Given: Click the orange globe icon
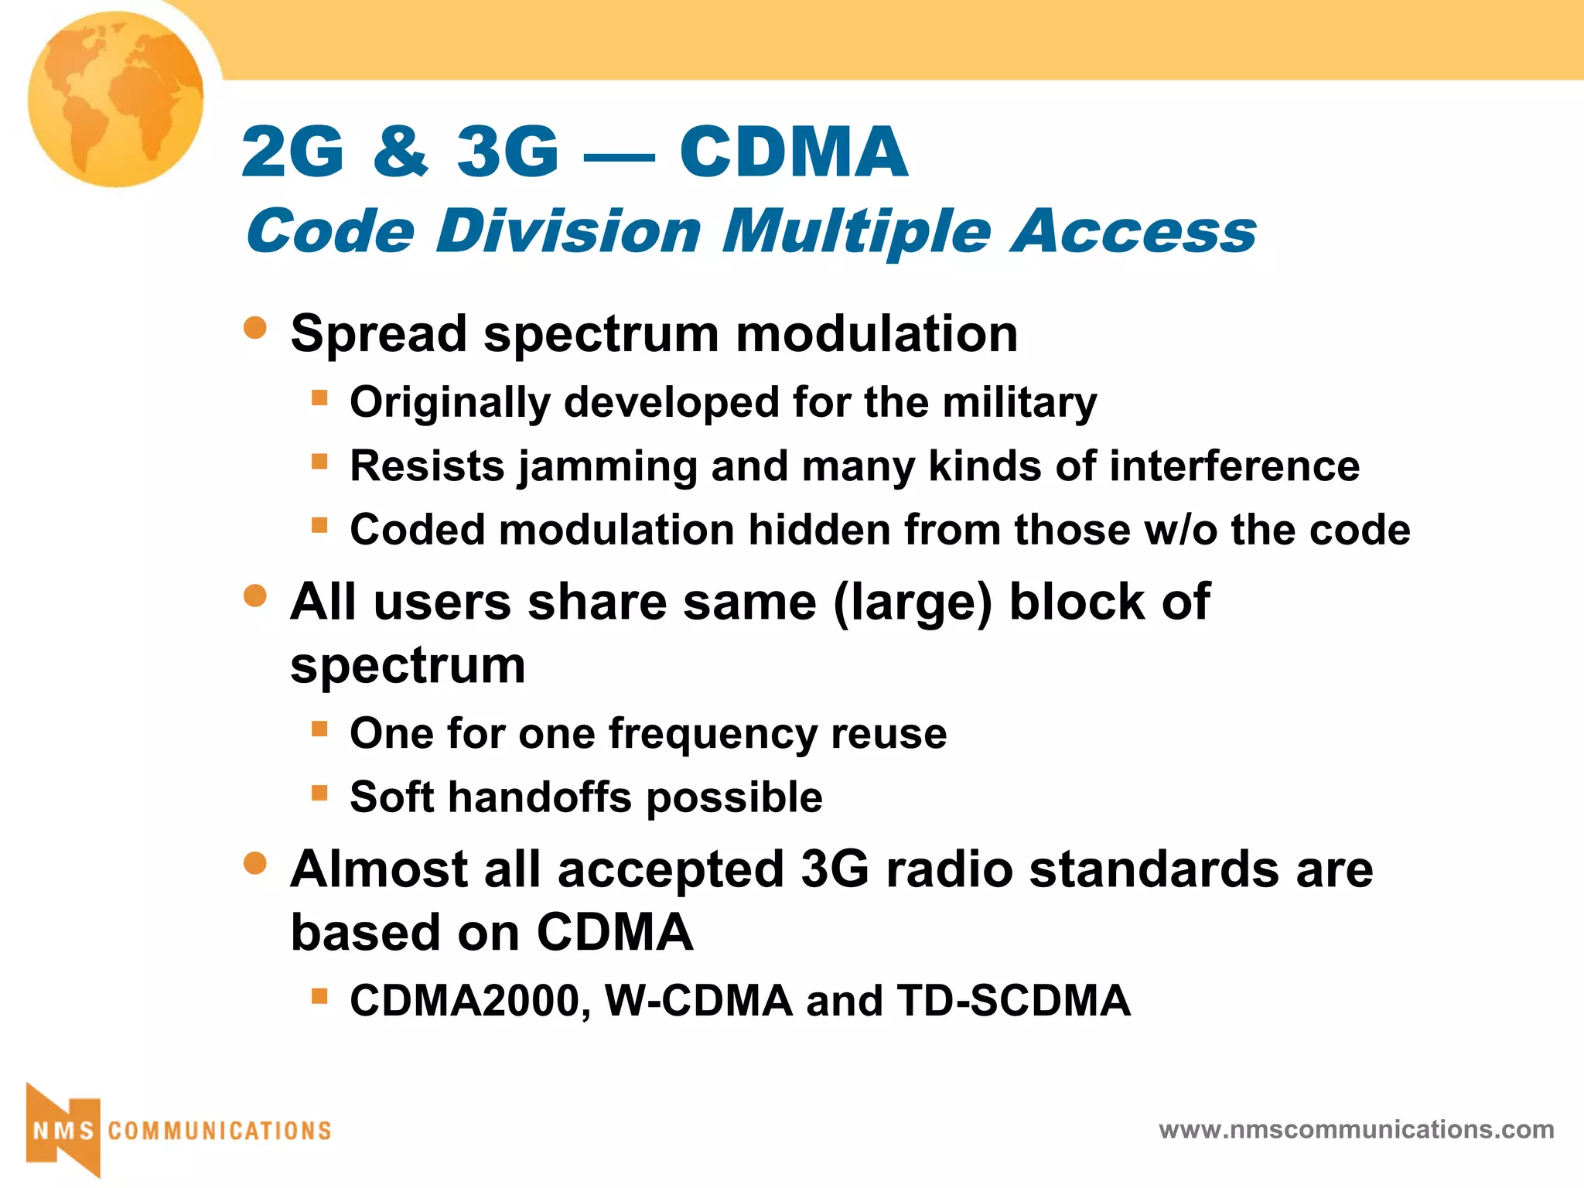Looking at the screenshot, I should coord(116,99).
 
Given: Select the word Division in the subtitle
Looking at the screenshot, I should coord(568,230).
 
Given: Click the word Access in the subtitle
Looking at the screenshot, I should coord(1134,230).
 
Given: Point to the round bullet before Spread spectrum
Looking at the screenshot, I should coord(254,327).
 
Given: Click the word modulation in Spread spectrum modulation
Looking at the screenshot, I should coord(876,334).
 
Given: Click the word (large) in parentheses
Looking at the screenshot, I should coord(913,603).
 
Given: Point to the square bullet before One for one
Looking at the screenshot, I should coord(319,729).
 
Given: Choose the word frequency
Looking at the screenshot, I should coord(712,734).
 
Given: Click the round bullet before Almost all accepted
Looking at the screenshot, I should coord(254,862).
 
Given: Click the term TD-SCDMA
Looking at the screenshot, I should coord(1013,1001).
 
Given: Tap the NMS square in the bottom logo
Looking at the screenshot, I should coord(63,1130).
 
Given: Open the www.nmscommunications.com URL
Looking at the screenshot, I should coord(1356,1130).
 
